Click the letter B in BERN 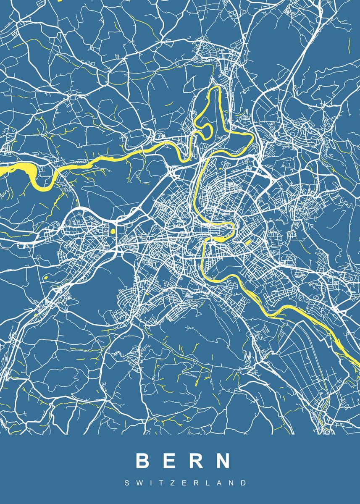pyautogui.click(x=142, y=461)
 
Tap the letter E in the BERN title pyautogui.click(x=169, y=461)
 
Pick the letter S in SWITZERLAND pyautogui.click(x=127, y=483)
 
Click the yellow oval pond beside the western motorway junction pyautogui.click(x=112, y=231)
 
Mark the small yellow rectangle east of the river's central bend pyautogui.click(x=248, y=243)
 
